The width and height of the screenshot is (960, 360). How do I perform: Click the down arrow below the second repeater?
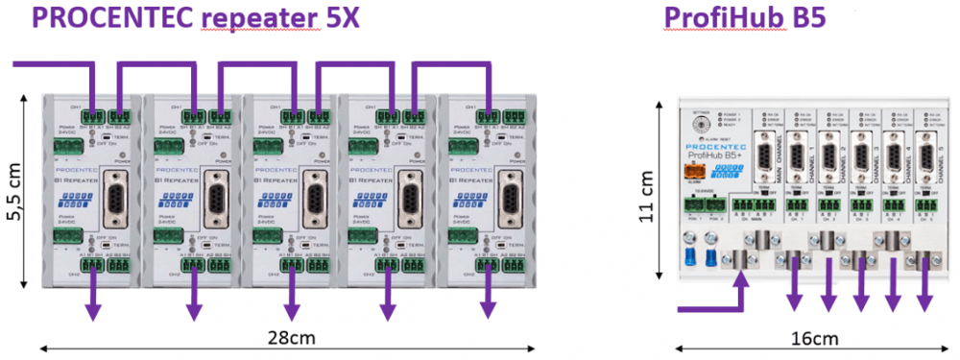coord(193,309)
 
